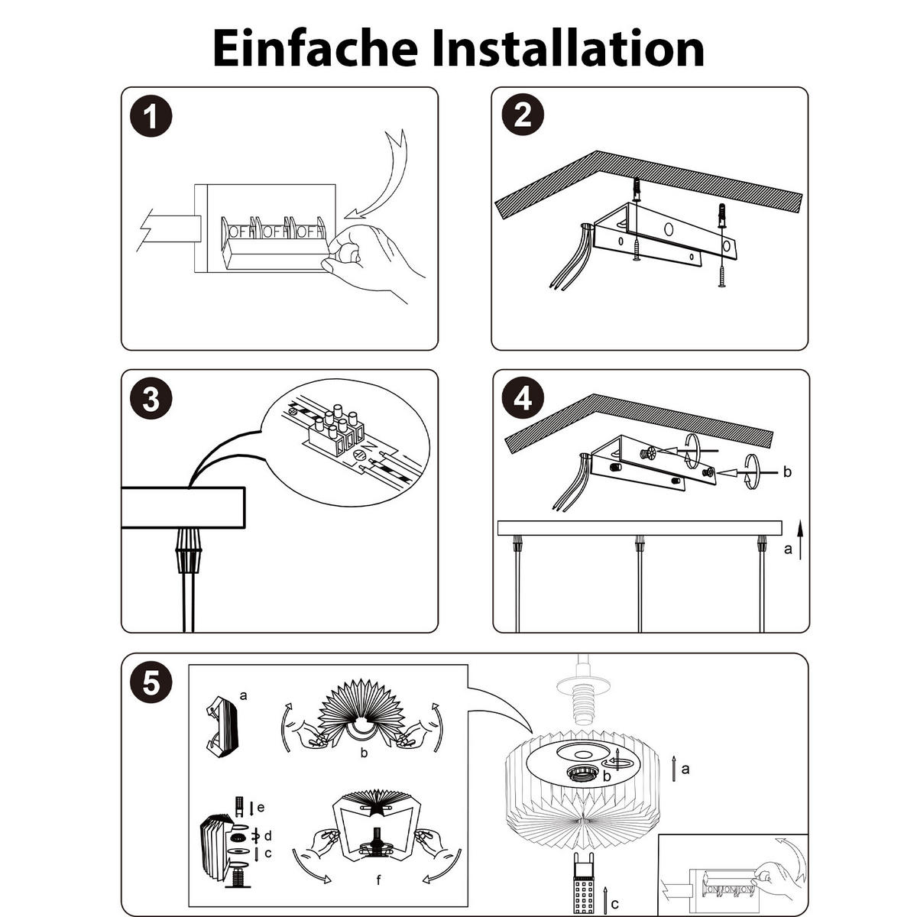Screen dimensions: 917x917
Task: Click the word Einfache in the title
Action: click(315, 48)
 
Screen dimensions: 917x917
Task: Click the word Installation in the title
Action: click(568, 48)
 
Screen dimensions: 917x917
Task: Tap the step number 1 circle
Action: click(151, 116)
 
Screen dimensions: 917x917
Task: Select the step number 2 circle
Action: click(523, 115)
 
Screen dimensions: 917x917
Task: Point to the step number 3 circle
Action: click(151, 399)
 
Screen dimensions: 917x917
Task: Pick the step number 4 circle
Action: click(523, 399)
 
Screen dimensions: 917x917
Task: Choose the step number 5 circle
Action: click(151, 683)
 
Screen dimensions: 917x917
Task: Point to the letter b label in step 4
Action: click(787, 471)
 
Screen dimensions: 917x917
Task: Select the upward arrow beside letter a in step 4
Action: click(800, 540)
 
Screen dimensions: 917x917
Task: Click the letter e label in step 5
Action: click(261, 807)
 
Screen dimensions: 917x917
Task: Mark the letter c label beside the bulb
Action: click(615, 904)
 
